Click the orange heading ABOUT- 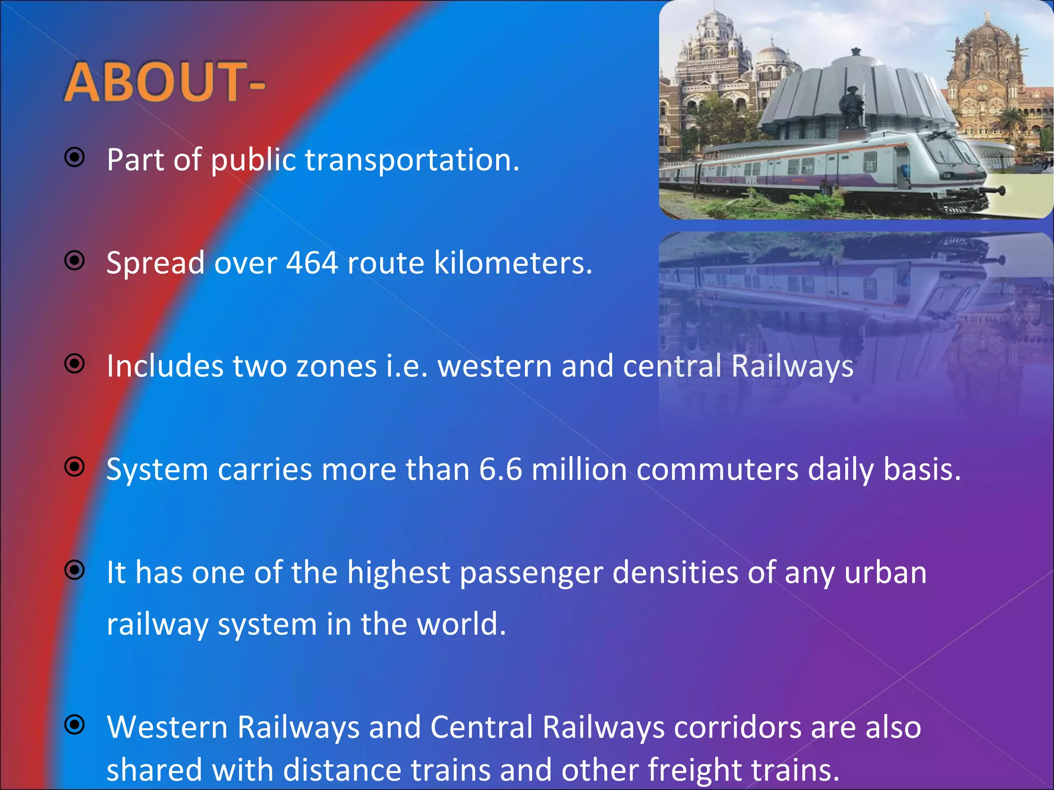point(164,82)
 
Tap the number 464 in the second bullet point(312,263)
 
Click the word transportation point(412,160)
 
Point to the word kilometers point(513,263)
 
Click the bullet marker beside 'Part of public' point(75,157)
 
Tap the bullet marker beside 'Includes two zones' point(75,364)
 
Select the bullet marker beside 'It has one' point(75,569)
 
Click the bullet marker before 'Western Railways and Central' point(75,724)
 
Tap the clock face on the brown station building point(983,87)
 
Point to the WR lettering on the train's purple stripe point(751,180)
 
